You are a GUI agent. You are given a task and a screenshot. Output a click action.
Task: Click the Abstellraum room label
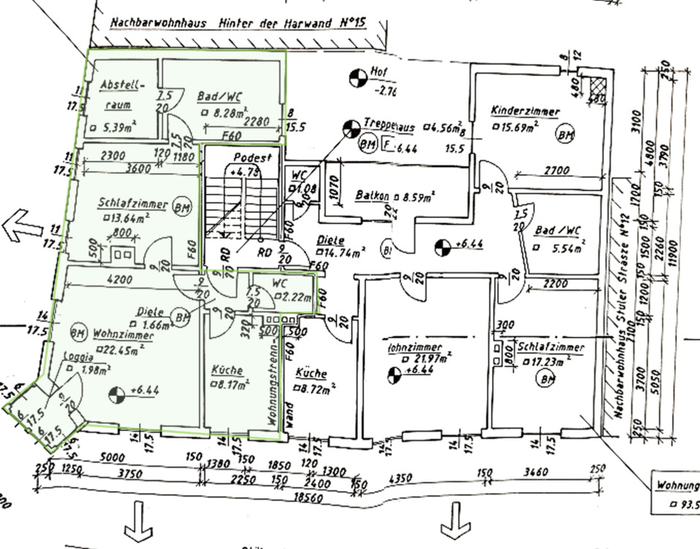pos(122,94)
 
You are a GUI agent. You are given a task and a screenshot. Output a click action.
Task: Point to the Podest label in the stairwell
pos(253,157)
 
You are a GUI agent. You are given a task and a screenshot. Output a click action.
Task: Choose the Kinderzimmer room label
pos(526,112)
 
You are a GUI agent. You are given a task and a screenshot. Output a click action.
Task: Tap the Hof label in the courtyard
pos(379,72)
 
